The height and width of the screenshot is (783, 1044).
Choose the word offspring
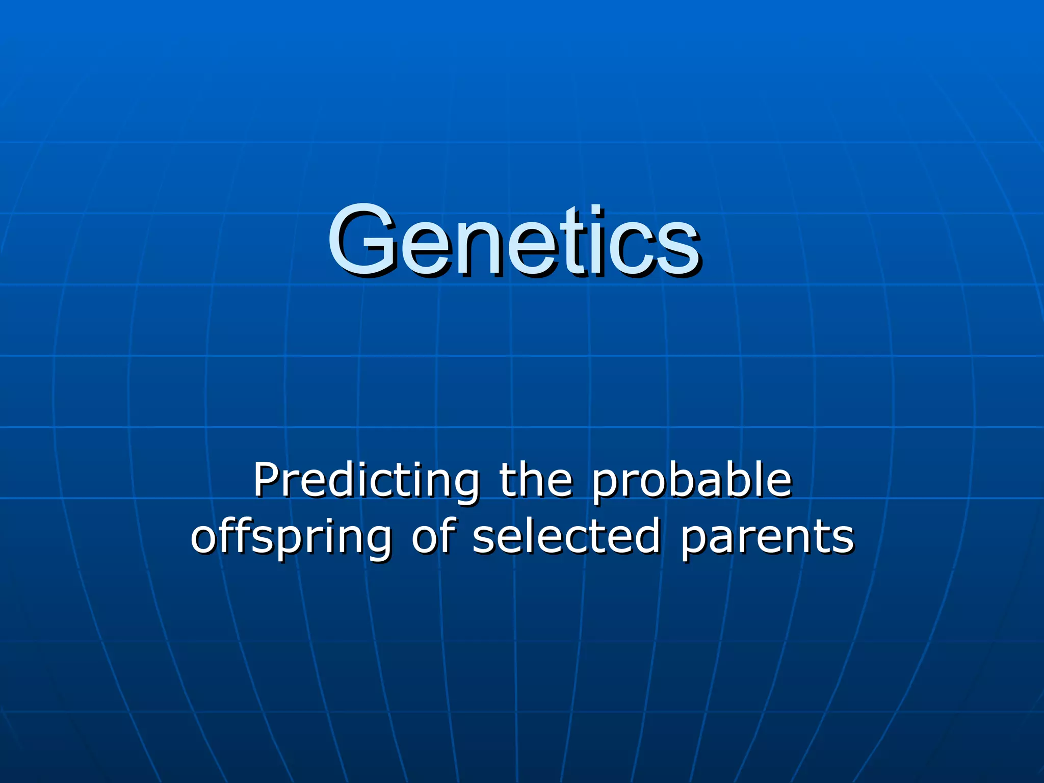tap(291, 537)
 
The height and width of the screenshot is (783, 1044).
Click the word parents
tap(767, 537)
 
